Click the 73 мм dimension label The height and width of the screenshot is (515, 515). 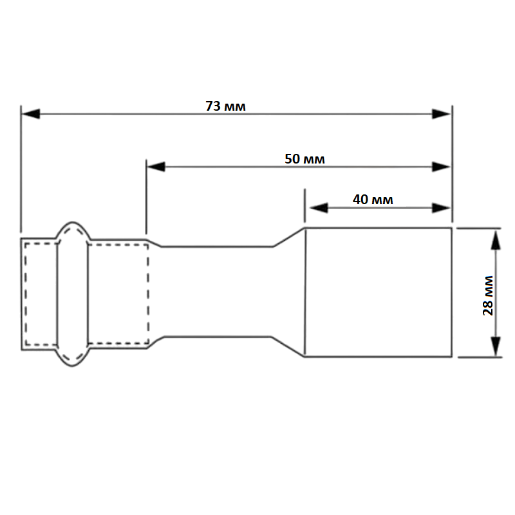click(225, 106)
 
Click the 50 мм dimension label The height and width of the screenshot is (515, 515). click(304, 159)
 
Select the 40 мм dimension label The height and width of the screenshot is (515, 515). click(373, 200)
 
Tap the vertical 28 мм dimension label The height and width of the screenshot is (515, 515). click(488, 295)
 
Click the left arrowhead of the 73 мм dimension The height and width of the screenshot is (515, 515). click(30, 114)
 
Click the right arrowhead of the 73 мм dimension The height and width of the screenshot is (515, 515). click(442, 114)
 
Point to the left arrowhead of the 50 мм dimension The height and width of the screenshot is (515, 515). click(156, 167)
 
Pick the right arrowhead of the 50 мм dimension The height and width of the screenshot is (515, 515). click(442, 167)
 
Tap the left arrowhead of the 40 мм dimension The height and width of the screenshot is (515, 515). click(319, 207)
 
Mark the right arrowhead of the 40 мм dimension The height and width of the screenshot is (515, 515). click(442, 207)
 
